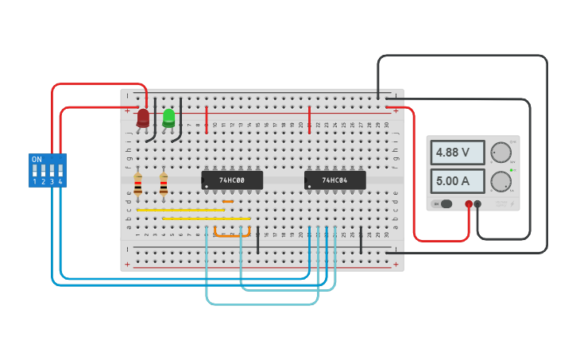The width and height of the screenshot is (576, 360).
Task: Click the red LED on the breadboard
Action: (143, 118)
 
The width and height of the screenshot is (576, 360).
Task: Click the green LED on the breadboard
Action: (168, 118)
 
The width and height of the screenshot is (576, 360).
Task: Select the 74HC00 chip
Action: (232, 180)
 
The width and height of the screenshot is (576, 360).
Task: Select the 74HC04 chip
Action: (335, 180)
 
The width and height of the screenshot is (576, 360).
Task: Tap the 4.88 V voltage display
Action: (458, 153)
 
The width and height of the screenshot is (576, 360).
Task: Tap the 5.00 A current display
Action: (458, 181)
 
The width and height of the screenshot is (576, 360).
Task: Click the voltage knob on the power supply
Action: (501, 153)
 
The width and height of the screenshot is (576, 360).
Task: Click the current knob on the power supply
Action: (501, 181)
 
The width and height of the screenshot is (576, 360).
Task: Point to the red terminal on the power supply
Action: (469, 204)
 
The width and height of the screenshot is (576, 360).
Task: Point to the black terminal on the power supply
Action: (477, 204)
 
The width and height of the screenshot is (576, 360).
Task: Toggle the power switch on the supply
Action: (445, 204)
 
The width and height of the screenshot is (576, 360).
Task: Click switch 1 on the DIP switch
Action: (35, 171)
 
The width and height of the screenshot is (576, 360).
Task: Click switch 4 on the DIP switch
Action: (60, 171)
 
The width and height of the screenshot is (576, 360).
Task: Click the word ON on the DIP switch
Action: (37, 159)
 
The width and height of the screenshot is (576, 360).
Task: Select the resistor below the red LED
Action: (137, 185)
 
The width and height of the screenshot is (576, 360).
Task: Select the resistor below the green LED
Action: (164, 185)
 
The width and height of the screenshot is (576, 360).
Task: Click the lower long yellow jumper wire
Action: (207, 219)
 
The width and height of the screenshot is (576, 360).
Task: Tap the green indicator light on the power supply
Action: (512, 170)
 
